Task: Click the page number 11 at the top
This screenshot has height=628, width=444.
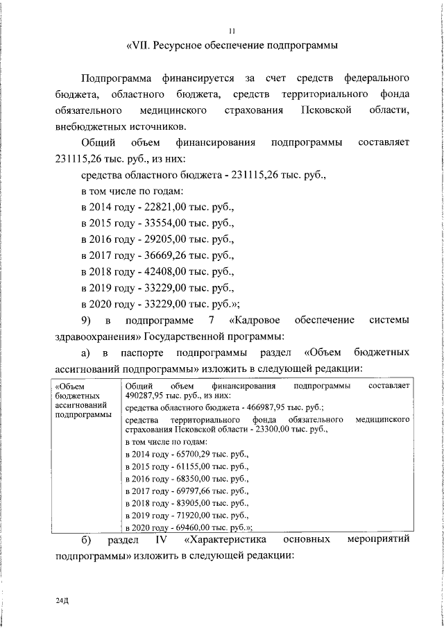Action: pos(232,30)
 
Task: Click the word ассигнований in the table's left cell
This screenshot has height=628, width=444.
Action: pos(80,404)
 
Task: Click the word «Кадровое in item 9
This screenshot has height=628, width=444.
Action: pos(257,320)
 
